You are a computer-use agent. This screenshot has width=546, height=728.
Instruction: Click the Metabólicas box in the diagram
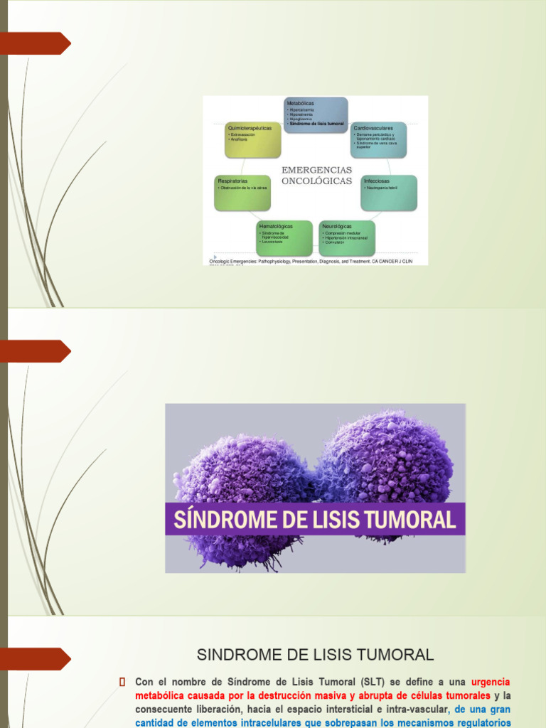click(316, 114)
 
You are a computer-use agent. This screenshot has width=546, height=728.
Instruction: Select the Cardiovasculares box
click(378, 139)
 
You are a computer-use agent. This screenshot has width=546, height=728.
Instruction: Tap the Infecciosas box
click(388, 193)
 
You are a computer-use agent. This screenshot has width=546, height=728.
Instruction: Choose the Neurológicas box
click(347, 237)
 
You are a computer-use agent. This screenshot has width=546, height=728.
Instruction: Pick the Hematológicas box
click(284, 237)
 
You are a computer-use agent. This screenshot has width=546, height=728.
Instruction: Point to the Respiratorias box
click(242, 193)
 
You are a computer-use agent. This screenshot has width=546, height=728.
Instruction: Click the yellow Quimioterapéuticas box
click(253, 140)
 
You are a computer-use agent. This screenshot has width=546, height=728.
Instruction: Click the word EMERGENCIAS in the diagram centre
click(316, 171)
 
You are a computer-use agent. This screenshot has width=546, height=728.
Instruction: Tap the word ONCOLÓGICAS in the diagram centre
click(316, 181)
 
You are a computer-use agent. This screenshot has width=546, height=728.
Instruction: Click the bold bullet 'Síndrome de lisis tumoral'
click(316, 124)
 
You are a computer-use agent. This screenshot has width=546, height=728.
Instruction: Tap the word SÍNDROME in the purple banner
click(215, 520)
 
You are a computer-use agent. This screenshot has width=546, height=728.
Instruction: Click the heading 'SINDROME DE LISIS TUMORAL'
click(315, 654)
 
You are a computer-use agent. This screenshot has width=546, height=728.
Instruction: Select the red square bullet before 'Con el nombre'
click(122, 682)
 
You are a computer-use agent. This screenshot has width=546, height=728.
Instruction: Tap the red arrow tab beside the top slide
click(38, 44)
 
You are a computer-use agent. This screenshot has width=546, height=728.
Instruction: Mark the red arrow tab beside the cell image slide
click(38, 351)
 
